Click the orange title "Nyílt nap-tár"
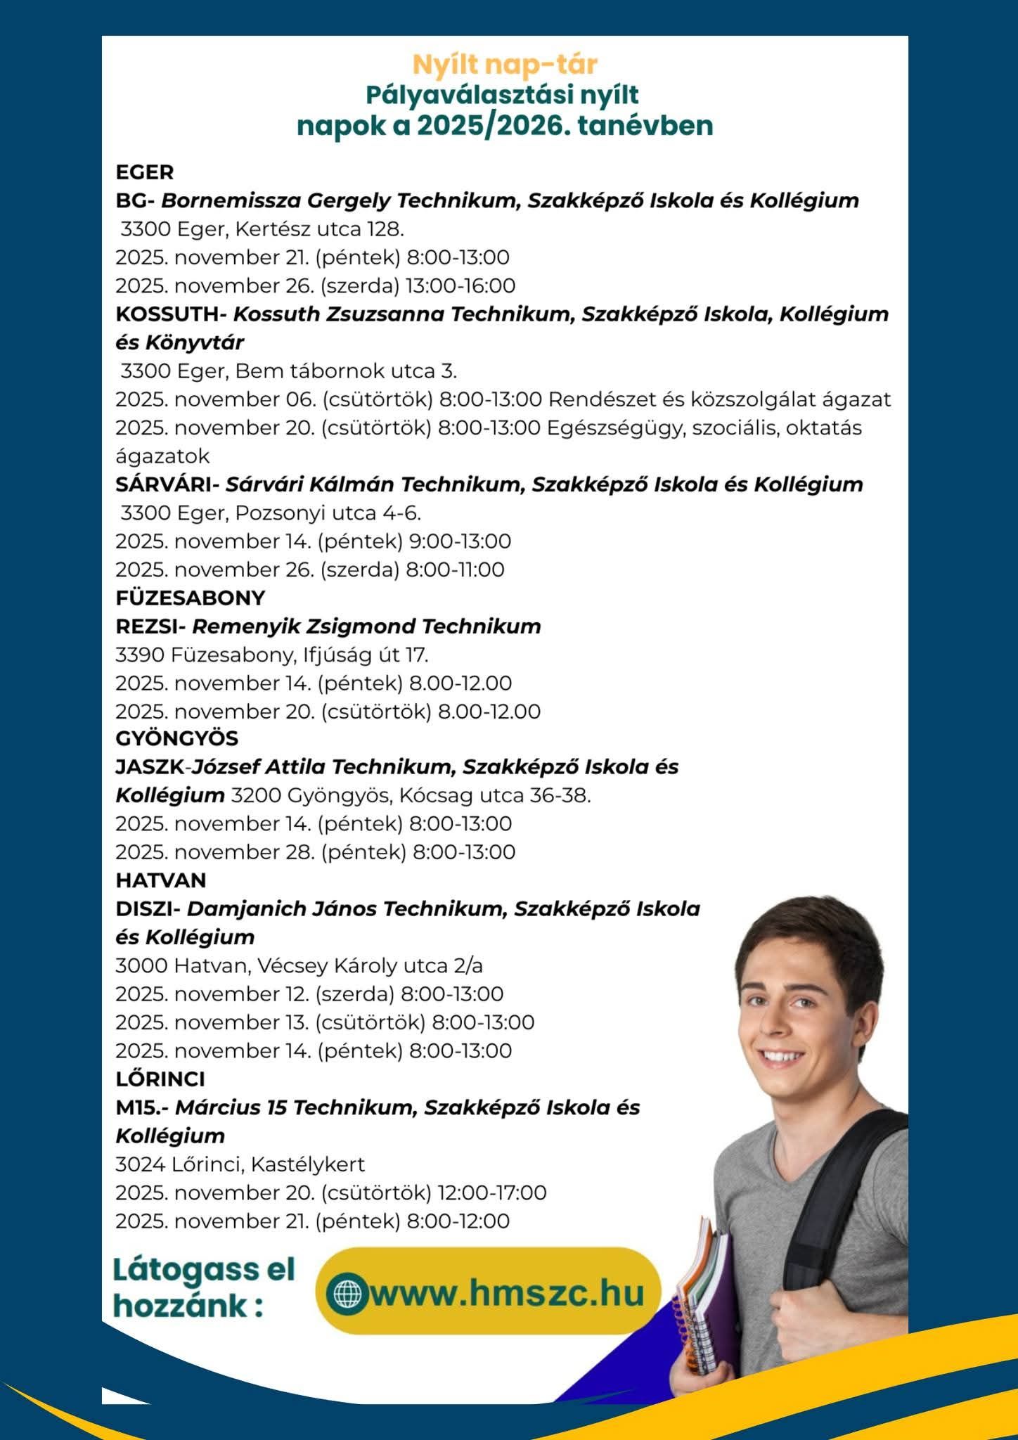coord(504,64)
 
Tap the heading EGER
coord(144,172)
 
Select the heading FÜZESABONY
coord(190,598)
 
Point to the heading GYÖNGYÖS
coord(176,738)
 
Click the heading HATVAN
coord(160,880)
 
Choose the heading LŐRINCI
coord(160,1079)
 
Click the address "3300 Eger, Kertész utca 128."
coord(262,229)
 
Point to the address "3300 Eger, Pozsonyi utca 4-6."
coord(271,513)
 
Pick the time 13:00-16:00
coord(460,285)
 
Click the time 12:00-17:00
coord(491,1192)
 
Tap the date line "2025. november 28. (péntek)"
coord(260,852)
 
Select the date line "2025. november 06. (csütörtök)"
coord(273,399)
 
